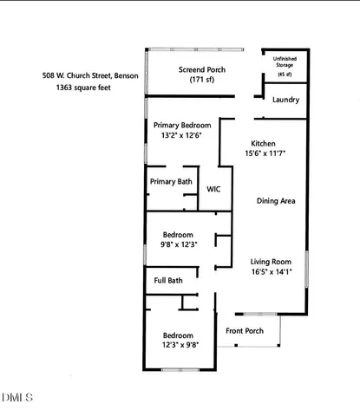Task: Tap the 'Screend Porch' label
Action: tap(202, 69)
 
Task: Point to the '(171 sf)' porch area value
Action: tap(202, 81)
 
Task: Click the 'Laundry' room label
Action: tap(285, 101)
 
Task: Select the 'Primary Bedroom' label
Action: tap(182, 125)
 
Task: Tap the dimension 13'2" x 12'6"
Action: tap(182, 135)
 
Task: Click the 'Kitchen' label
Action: tap(264, 143)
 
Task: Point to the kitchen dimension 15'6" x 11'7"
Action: tap(264, 153)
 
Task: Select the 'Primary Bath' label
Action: tap(171, 181)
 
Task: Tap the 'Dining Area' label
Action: tap(277, 201)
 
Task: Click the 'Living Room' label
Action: tap(272, 261)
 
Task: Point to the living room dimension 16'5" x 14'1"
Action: tap(272, 271)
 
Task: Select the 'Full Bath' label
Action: tap(168, 280)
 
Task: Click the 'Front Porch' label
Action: tap(245, 331)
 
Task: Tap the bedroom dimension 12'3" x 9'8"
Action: tap(179, 345)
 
